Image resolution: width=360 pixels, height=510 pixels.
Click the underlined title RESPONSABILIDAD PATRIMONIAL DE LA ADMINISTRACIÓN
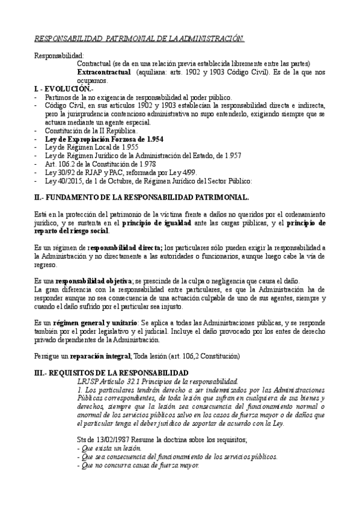[x=139, y=39]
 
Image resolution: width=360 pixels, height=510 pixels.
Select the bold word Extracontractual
[x=104, y=72]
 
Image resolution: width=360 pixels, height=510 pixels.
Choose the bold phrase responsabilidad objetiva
[x=94, y=281]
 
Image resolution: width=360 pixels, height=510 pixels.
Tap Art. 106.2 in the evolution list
[x=59, y=163]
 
